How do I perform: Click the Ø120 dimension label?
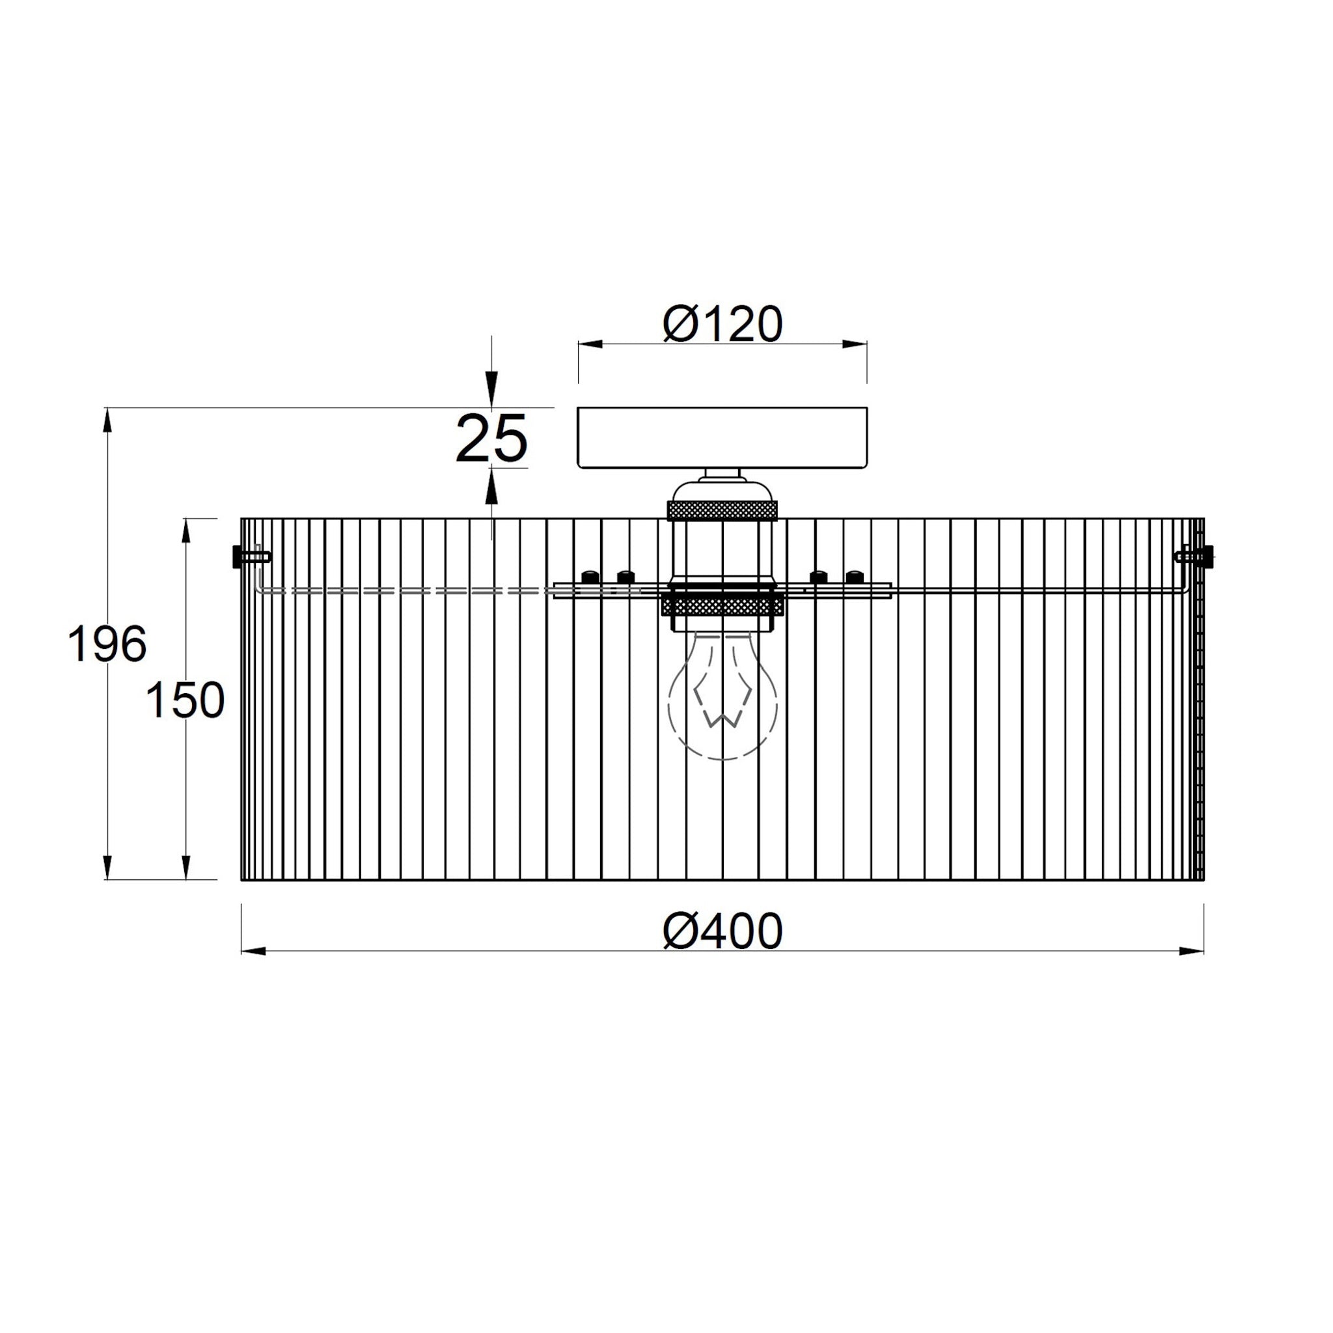pos(722,324)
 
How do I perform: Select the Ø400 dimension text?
pos(722,931)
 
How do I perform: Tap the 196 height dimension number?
pos(107,644)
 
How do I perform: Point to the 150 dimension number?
pos(186,700)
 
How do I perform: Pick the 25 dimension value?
pos(492,439)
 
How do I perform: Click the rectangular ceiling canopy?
pos(722,438)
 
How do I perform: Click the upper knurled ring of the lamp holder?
pos(722,511)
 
